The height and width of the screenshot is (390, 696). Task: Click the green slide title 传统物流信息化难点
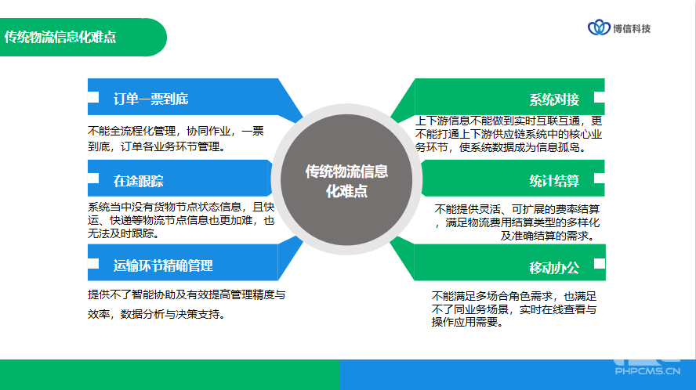click(x=60, y=37)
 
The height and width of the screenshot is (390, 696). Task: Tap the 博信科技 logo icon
click(x=599, y=27)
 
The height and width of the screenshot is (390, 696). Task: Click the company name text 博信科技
click(x=632, y=29)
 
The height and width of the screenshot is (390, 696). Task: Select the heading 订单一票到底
click(x=151, y=99)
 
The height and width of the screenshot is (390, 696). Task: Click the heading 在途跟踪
click(x=139, y=181)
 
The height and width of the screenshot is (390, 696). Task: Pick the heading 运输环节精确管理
click(x=163, y=265)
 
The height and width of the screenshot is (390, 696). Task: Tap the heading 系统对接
click(x=554, y=99)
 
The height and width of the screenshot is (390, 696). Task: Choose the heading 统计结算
click(x=554, y=181)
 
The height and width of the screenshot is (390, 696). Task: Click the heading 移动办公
click(x=554, y=268)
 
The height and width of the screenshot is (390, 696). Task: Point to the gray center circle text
click(x=346, y=181)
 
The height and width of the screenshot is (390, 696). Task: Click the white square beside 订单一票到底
click(x=93, y=97)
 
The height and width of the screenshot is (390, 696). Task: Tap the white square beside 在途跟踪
click(x=93, y=178)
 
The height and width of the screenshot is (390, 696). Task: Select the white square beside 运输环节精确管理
click(x=93, y=264)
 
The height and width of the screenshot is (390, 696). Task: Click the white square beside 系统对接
click(x=600, y=97)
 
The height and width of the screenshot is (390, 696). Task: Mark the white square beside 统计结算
click(x=600, y=178)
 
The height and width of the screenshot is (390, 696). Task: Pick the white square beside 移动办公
click(x=600, y=264)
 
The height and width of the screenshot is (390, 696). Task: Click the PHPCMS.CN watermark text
click(x=647, y=371)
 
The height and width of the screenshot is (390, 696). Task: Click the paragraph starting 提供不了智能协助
click(x=187, y=305)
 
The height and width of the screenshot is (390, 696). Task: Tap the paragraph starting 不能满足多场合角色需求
click(x=514, y=309)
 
